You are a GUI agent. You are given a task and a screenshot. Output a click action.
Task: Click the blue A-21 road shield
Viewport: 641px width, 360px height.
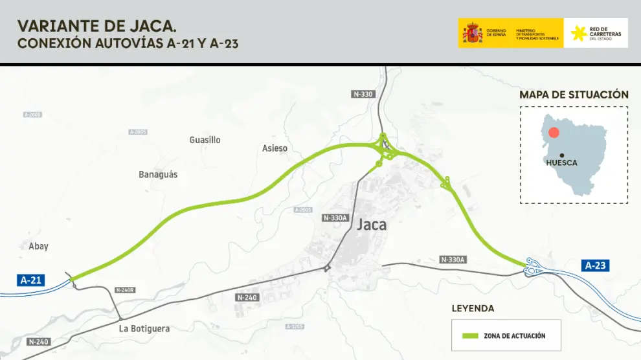point(31,280)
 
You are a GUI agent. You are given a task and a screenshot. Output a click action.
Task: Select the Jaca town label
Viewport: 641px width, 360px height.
point(372,225)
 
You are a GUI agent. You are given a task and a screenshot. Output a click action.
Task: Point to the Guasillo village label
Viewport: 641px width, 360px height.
point(205,140)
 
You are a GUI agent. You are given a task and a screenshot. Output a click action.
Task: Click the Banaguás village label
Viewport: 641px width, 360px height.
point(158,175)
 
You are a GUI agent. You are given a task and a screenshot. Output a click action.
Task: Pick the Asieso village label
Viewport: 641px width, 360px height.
point(275,148)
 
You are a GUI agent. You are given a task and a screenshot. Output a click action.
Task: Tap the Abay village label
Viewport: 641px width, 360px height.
point(39,247)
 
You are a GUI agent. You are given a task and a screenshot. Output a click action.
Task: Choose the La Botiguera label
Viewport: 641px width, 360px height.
point(144,329)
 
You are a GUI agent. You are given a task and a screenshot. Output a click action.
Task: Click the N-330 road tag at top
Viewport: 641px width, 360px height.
point(363,94)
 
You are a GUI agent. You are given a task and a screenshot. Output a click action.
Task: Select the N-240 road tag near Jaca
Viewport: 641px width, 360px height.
point(247,297)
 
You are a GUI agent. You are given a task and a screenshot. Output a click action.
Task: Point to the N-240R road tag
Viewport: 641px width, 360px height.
point(124,289)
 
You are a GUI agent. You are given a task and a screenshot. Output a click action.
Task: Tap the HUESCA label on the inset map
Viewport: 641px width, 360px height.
point(561,163)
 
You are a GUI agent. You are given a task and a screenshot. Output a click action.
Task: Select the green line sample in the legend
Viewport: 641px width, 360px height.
point(471,336)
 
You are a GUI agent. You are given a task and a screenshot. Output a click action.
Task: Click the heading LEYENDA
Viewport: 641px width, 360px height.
point(473,308)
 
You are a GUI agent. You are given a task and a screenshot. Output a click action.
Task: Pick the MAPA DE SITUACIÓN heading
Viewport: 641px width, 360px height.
point(574,95)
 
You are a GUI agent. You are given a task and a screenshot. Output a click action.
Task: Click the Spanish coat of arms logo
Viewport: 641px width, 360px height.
point(471,33)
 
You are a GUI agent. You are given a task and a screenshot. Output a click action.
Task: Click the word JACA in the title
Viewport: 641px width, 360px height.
point(155,26)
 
